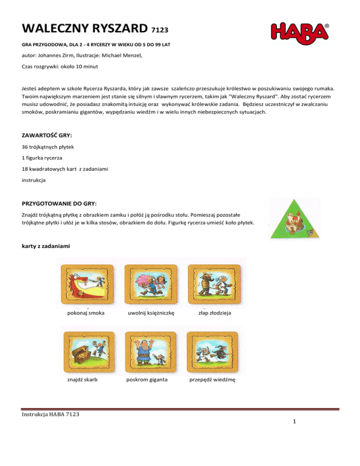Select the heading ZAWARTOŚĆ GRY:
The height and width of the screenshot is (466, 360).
tap(47, 135)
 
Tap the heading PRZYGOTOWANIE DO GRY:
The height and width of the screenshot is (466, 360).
tap(60, 204)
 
